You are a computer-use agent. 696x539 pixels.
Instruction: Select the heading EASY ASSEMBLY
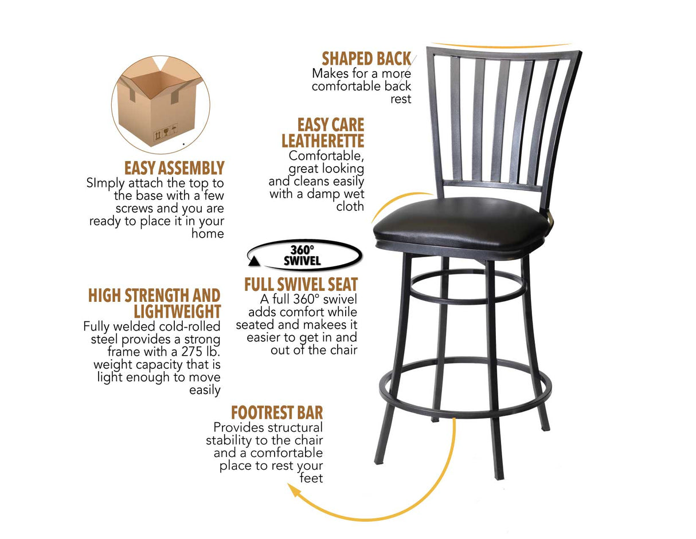tap(174, 168)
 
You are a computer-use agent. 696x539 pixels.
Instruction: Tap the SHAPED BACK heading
tap(366, 59)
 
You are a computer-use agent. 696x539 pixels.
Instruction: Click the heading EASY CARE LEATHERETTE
tap(323, 133)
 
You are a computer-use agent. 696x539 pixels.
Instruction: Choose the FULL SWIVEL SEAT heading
tap(301, 285)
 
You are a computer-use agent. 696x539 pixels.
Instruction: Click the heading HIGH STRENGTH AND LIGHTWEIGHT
tap(155, 304)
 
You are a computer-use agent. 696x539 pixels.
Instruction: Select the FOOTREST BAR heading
tap(277, 412)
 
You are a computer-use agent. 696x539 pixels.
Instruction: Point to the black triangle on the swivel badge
tap(253, 262)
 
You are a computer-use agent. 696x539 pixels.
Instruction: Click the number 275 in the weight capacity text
tap(173, 352)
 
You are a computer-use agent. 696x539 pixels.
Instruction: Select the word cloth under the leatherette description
tap(350, 207)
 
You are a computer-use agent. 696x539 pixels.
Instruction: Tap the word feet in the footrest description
tap(311, 478)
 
